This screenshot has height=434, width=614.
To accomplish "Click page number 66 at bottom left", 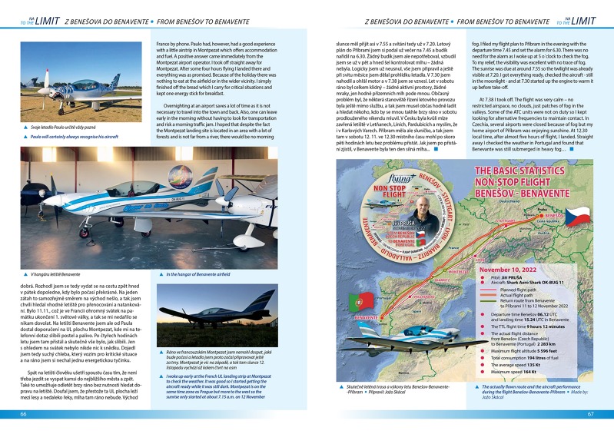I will (x=24, y=414).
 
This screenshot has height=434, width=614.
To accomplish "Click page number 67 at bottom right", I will (x=590, y=414).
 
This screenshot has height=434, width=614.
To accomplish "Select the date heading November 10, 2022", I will (x=511, y=270).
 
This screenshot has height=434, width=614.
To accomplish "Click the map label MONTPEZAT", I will (x=460, y=270).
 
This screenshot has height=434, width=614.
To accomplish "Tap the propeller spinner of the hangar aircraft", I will (x=48, y=200).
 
